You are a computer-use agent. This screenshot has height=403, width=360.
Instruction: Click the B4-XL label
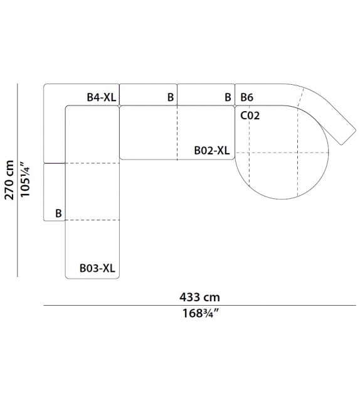[102, 97]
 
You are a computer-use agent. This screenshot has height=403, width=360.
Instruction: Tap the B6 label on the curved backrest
[246, 97]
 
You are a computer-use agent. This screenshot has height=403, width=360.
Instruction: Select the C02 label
[250, 116]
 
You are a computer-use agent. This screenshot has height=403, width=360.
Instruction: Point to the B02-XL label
[212, 151]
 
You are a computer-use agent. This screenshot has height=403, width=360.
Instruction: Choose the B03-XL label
[97, 268]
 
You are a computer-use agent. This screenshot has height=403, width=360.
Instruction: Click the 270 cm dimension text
[9, 180]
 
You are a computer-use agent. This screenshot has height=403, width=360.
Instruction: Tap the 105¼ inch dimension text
[25, 180]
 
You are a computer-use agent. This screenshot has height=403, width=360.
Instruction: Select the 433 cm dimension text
[199, 297]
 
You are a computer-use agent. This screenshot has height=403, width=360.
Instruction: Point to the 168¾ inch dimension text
[200, 313]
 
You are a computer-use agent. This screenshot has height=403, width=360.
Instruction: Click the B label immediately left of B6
[228, 97]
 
